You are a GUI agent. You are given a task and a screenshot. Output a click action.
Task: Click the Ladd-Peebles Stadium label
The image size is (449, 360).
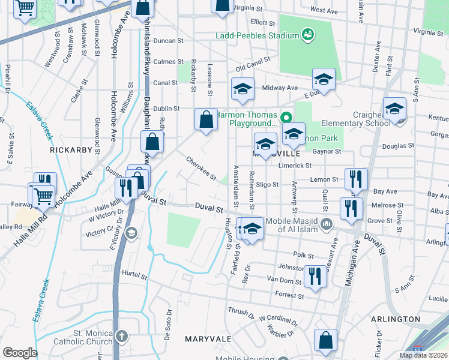coord(258,35)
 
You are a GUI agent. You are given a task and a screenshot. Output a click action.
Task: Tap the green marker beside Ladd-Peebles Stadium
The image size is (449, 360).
coord(308,35)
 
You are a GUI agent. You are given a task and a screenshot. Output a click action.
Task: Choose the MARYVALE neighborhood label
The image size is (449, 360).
coord(208,339)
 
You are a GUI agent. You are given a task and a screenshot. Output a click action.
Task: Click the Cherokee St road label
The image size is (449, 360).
coord(200,167)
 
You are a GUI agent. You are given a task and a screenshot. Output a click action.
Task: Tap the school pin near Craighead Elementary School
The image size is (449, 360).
coord(394,109)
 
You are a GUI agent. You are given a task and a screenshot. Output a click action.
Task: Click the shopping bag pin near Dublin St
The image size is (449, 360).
coord(206,119)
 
